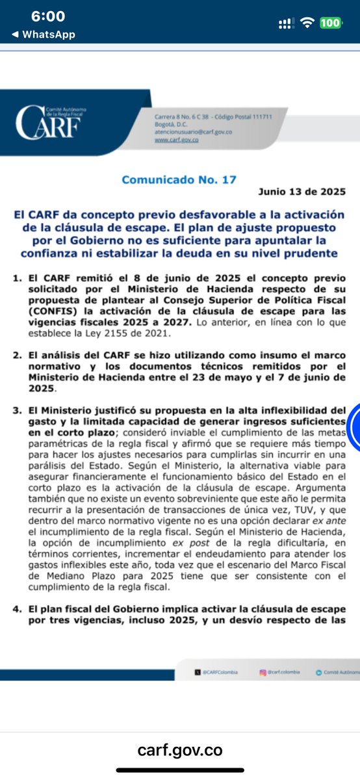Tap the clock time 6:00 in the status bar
48,16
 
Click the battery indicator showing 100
330,23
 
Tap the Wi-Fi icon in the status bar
306,23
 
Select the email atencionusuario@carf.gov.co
184,131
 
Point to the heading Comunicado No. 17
179,179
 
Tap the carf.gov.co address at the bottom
180,750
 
